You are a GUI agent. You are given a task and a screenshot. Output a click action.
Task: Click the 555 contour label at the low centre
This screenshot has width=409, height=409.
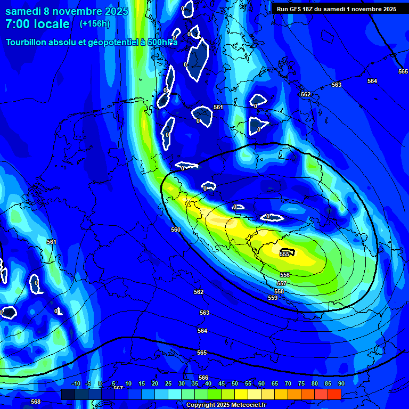(284, 254)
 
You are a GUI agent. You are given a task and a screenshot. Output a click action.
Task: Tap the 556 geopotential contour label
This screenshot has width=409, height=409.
(285, 275)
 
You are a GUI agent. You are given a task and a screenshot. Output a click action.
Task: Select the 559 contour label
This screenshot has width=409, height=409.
(273, 298)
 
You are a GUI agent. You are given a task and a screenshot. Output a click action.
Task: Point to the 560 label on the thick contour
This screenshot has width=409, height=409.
(176, 230)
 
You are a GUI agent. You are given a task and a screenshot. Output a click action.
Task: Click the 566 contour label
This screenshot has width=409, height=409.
(203, 378)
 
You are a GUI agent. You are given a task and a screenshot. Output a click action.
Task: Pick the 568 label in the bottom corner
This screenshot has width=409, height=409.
(36, 402)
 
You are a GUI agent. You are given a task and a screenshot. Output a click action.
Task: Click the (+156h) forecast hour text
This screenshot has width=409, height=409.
(94, 24)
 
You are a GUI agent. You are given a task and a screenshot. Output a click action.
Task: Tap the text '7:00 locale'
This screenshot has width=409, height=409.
(37, 24)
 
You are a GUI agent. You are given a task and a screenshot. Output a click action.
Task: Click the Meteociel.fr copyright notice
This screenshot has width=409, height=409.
(226, 405)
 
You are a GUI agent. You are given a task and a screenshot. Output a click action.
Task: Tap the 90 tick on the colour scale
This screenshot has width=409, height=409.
(341, 383)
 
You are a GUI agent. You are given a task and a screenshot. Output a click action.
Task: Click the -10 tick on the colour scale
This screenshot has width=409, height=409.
(76, 383)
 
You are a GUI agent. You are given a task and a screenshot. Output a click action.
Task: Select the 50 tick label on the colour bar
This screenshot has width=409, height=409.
(235, 383)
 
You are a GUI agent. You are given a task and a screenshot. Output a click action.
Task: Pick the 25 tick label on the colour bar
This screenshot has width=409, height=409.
(168, 383)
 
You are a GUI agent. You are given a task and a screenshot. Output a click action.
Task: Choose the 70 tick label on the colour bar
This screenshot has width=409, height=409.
(288, 383)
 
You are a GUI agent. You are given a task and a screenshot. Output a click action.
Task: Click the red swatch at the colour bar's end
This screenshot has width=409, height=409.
(334, 394)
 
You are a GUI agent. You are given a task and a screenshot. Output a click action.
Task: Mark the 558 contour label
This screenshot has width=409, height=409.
(279, 291)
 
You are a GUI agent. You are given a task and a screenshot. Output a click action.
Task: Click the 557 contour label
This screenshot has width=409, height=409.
(282, 283)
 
